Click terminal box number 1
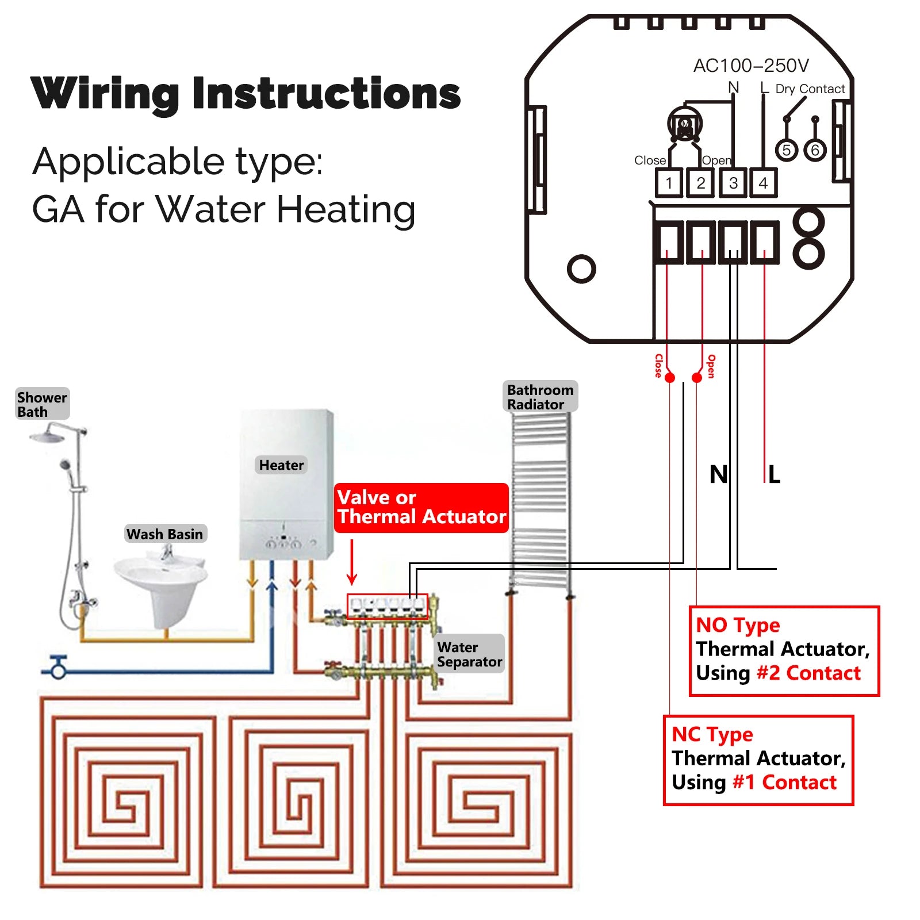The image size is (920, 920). pyautogui.click(x=669, y=183)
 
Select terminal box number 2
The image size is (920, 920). pyautogui.click(x=700, y=183)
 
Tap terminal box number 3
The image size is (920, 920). pyautogui.click(x=733, y=183)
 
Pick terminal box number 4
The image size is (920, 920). pyautogui.click(x=764, y=183)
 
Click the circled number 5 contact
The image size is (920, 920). pyautogui.click(x=787, y=151)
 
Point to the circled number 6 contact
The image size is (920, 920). pyautogui.click(x=815, y=151)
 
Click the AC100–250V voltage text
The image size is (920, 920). pyautogui.click(x=751, y=66)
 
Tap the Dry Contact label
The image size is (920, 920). pyautogui.click(x=810, y=89)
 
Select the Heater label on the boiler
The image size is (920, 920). pyautogui.click(x=281, y=465)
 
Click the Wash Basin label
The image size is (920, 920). pyautogui.click(x=165, y=534)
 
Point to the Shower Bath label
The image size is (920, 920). pyautogui.click(x=42, y=404)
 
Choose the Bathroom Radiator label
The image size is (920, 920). pyautogui.click(x=540, y=397)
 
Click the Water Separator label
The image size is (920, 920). pyautogui.click(x=469, y=654)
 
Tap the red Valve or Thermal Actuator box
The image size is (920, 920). pyautogui.click(x=421, y=507)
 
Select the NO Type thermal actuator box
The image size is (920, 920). pyautogui.click(x=784, y=650)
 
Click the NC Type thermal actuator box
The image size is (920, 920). pyautogui.click(x=758, y=760)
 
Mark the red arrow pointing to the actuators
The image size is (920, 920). pyautogui.click(x=352, y=562)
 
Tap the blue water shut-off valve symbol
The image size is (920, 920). pyautogui.click(x=58, y=669)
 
